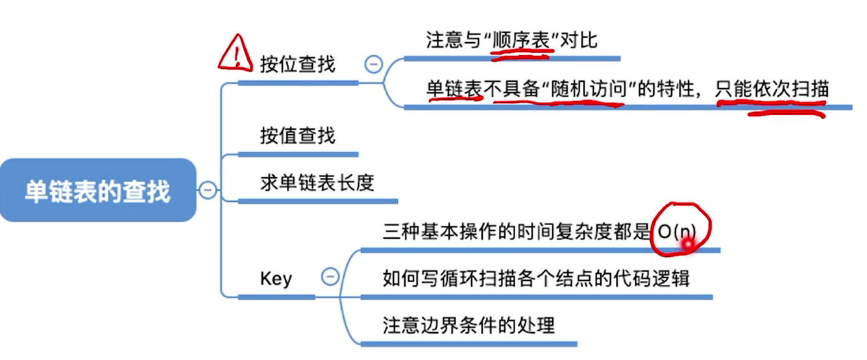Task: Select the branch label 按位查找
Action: [x=297, y=64]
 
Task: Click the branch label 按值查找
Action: [x=297, y=136]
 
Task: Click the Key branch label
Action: [x=276, y=278]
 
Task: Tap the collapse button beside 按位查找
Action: [x=374, y=64]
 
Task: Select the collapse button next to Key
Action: [x=330, y=278]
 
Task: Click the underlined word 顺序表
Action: [x=522, y=40]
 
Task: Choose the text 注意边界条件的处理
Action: [x=469, y=324]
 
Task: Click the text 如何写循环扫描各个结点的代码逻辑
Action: [x=536, y=278]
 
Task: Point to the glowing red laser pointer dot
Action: [x=686, y=244]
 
